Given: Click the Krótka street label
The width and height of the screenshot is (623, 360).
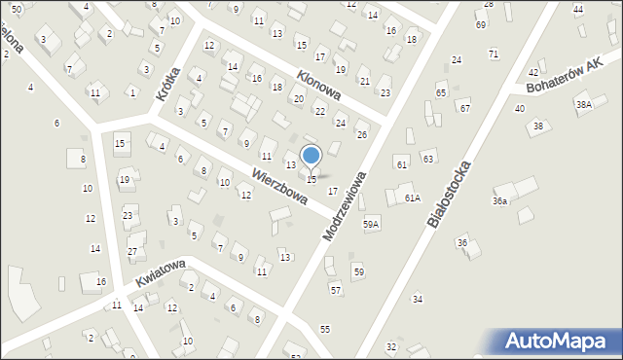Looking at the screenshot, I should (168, 84).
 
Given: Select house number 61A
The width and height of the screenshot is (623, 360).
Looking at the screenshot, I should (413, 198).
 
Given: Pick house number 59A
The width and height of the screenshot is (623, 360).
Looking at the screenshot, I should (371, 224).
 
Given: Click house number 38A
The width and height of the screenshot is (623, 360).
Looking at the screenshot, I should (583, 104).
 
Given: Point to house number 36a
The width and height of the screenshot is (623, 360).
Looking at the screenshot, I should (499, 201).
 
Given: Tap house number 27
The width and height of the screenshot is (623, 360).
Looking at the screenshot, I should (132, 252).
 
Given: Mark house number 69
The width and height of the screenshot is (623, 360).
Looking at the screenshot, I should (481, 24).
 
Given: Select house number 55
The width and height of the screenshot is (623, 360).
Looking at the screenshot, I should (325, 330).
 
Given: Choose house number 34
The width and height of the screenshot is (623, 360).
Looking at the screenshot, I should (418, 299).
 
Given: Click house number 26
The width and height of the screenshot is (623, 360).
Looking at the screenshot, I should (361, 134).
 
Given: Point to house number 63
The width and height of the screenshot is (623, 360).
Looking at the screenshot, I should (427, 158).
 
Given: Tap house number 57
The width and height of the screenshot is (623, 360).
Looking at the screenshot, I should (336, 290).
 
